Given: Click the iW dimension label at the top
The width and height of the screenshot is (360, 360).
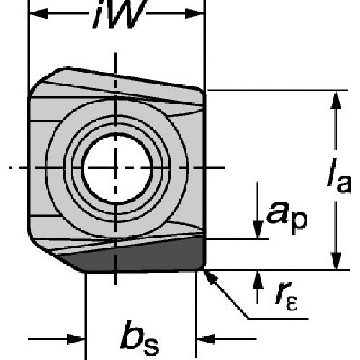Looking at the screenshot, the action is [120, 14].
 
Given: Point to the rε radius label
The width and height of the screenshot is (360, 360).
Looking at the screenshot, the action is [287, 296].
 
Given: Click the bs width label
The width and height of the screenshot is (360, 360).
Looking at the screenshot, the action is [139, 338].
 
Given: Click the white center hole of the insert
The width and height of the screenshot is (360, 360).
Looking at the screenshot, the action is [117, 168].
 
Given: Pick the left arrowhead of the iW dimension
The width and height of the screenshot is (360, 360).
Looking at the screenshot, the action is [37, 13].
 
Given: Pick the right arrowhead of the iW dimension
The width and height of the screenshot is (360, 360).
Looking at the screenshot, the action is [194, 13].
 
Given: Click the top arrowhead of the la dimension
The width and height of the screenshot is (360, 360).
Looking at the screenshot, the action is [336, 100].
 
